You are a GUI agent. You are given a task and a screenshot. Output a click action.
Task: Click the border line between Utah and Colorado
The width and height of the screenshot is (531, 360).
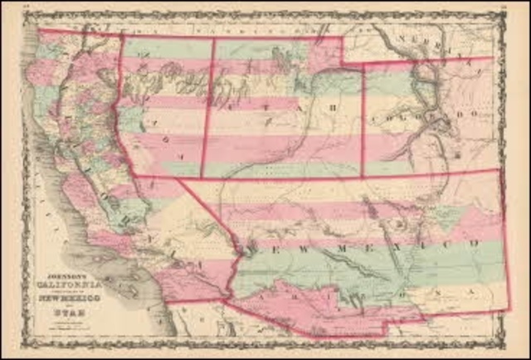coord(363,116)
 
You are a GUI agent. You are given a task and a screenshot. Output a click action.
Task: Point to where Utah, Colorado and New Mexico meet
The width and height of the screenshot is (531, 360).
coord(363,176)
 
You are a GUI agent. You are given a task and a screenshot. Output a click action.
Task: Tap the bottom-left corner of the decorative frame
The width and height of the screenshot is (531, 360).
coord(23,345)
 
